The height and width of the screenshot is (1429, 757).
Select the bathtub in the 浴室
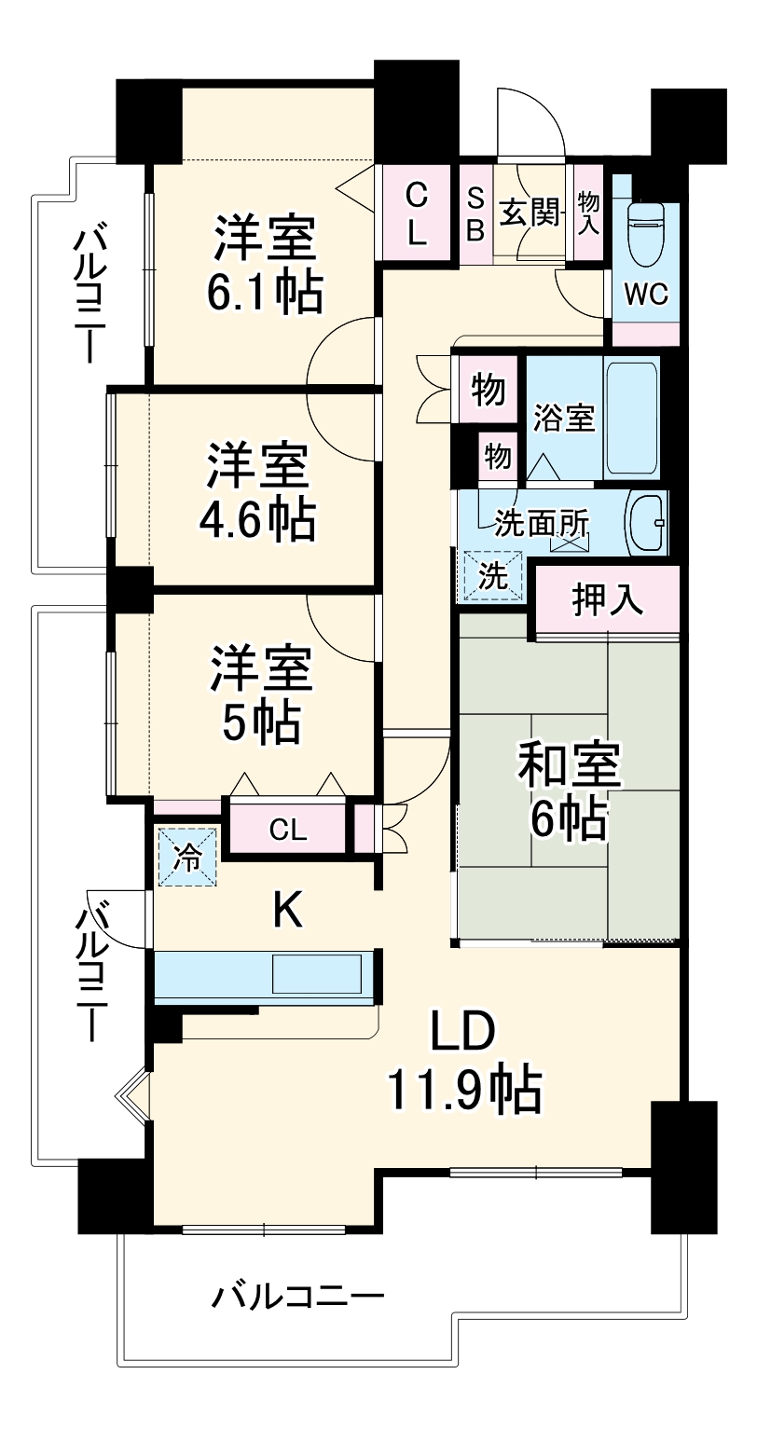tap(633, 417)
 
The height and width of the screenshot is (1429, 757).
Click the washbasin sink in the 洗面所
tap(646, 523)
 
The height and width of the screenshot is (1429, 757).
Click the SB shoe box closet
tap(475, 214)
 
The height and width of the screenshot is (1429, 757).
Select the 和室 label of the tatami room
tap(571, 766)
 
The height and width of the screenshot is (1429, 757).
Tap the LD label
tap(463, 1032)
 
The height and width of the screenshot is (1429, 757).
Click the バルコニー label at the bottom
tap(297, 1297)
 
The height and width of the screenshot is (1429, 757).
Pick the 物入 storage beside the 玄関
tap(588, 213)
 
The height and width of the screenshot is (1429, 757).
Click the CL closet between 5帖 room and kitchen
tap(288, 829)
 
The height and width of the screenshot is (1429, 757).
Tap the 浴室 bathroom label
tap(563, 419)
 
